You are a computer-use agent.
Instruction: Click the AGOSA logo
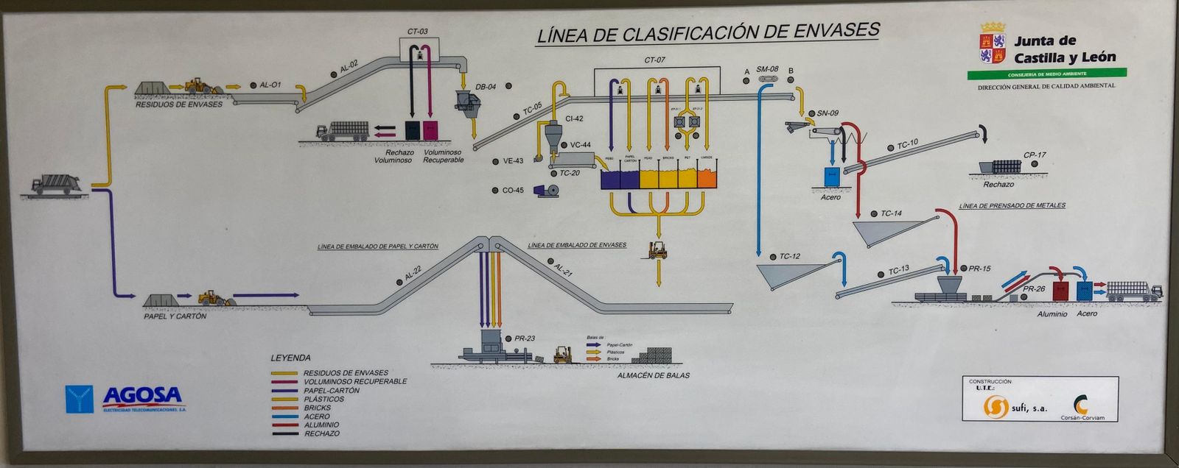[x=125, y=398]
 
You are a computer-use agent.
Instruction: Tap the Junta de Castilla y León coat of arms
[x=993, y=44]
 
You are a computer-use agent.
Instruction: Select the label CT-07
[x=654, y=60]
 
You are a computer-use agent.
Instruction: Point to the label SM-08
[x=767, y=69]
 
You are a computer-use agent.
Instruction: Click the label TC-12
[x=789, y=256]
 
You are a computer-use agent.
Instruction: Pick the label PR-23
[x=525, y=338]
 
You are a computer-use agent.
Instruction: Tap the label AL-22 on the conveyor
[x=413, y=274]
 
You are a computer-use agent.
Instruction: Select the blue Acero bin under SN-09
[x=832, y=176]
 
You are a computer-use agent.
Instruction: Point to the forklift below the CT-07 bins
[x=657, y=250]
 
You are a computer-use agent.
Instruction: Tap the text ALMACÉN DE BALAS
[x=654, y=375]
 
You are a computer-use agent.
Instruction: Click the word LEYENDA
[x=290, y=358]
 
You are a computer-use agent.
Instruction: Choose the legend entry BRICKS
[x=317, y=408]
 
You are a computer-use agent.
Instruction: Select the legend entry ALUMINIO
[x=321, y=425]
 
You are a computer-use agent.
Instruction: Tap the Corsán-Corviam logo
[x=1081, y=407]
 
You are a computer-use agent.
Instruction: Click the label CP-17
[x=1035, y=155]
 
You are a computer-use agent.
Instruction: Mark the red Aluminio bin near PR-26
[x=1061, y=290]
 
